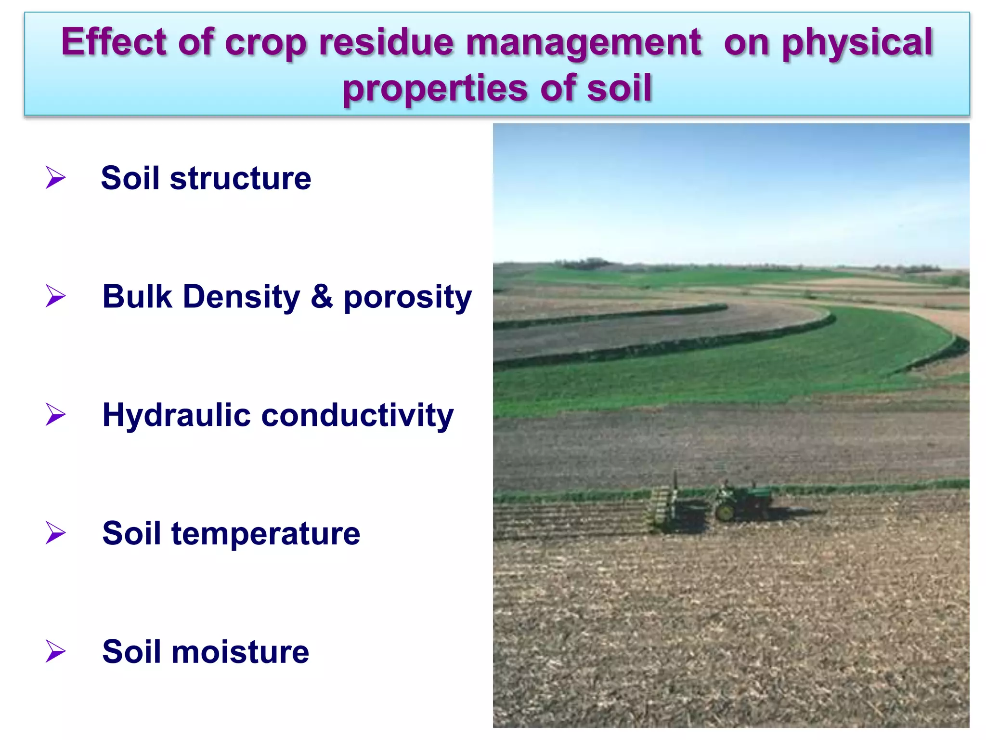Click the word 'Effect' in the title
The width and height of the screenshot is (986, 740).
[x=114, y=42]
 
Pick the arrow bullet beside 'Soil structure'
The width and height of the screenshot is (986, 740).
[x=55, y=177]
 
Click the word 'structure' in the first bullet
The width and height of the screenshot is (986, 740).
[x=240, y=178]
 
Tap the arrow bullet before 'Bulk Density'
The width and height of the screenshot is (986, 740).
[x=55, y=296]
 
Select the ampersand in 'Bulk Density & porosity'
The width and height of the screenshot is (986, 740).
[x=322, y=296]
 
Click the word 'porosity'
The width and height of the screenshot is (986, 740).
[x=407, y=298]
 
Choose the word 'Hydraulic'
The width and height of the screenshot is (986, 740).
[x=176, y=415]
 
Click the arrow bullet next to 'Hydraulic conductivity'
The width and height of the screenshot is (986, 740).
[x=55, y=414]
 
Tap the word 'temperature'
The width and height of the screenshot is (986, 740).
[x=265, y=534]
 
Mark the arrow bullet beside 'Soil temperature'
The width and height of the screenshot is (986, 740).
[x=55, y=533]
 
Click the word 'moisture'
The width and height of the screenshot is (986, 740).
[x=240, y=652]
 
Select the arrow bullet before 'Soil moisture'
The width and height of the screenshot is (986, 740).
[x=55, y=651]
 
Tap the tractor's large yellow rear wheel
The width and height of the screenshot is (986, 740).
[x=725, y=512]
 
